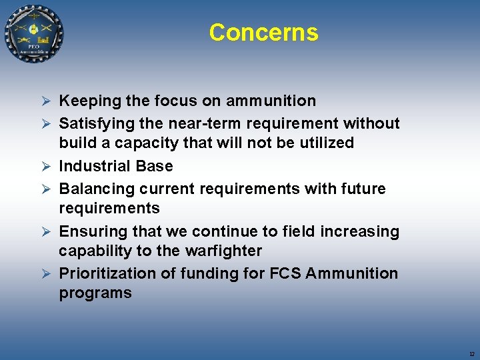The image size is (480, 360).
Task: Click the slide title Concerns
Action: coord(263,32)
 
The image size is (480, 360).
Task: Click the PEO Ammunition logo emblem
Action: coord(34,34)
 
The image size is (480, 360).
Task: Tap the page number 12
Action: coord(471,353)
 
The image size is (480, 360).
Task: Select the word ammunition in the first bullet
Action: coord(271,101)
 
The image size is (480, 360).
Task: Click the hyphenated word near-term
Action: coord(221,123)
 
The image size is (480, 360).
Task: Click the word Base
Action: coord(154,166)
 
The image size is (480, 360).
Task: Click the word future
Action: coord(364,189)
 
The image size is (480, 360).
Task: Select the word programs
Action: coord(95,293)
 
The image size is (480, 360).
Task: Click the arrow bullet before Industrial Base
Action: coord(46,167)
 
